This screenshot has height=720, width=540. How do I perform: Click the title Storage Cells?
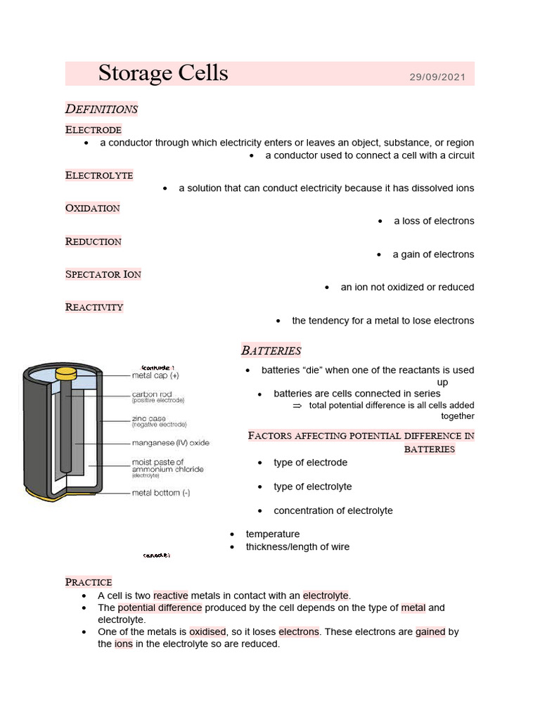(x=163, y=73)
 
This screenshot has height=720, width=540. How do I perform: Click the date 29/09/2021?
(x=437, y=76)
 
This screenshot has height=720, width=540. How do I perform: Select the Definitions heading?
(x=101, y=109)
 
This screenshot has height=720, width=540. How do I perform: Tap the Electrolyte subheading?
(x=99, y=175)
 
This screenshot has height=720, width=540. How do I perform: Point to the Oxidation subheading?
(x=93, y=208)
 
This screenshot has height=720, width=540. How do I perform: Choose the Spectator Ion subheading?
(x=103, y=274)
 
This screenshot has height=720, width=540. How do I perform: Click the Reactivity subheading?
(x=94, y=307)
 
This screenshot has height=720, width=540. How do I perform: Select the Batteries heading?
(x=271, y=350)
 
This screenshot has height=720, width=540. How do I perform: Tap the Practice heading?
(x=89, y=582)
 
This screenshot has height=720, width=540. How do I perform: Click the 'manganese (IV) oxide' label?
(x=171, y=443)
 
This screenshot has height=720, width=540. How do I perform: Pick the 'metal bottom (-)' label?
(x=161, y=493)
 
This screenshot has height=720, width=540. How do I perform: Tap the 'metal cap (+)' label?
(x=155, y=375)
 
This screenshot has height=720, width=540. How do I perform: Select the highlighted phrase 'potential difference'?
(x=160, y=608)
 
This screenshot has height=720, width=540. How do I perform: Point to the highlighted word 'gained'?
(x=430, y=632)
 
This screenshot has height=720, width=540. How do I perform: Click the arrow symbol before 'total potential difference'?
(x=297, y=406)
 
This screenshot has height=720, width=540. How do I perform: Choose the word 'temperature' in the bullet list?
(x=273, y=534)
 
